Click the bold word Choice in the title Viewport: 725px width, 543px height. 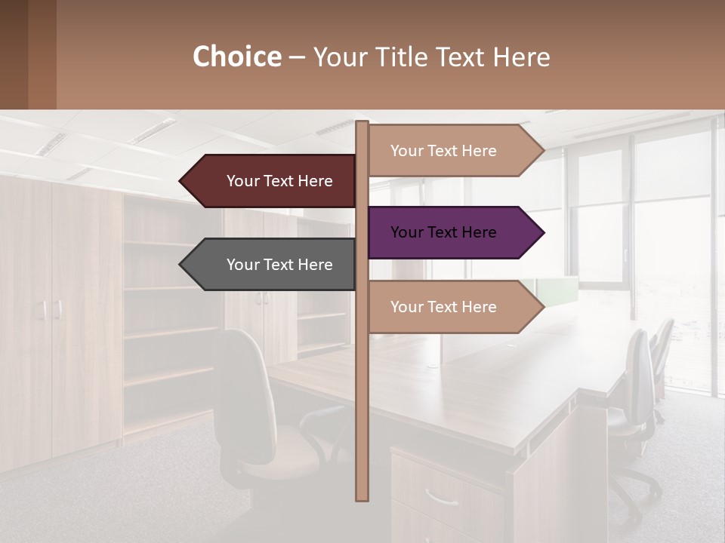[236, 57]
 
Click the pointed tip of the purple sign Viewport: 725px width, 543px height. [542, 232]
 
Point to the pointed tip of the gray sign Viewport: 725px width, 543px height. [181, 265]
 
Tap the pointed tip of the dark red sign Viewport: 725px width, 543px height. [181, 181]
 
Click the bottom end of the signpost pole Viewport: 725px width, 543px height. [362, 498]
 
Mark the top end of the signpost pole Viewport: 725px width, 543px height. [362, 124]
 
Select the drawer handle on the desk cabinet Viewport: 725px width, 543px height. [441, 498]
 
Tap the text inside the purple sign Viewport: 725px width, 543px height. [443, 232]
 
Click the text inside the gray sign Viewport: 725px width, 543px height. [279, 265]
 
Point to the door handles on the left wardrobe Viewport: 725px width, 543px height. [51, 309]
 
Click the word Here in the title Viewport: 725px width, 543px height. [522, 57]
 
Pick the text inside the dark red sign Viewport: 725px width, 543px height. [279, 181]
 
